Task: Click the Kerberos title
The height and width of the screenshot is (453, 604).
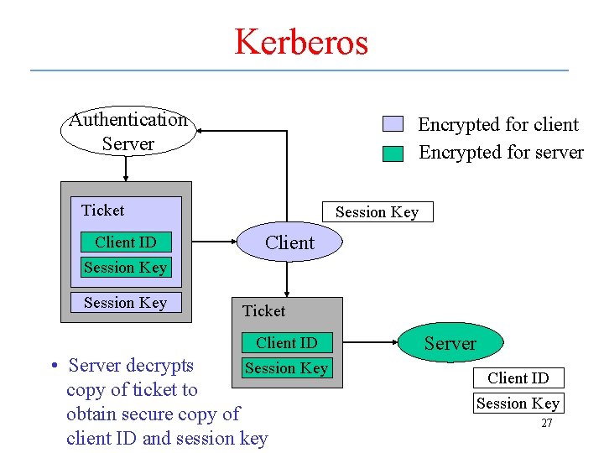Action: (x=301, y=41)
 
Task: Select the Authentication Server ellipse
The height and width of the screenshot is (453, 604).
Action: (x=128, y=132)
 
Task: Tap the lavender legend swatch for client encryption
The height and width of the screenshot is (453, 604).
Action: (x=393, y=124)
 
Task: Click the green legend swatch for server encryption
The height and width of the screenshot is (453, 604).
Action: (x=393, y=153)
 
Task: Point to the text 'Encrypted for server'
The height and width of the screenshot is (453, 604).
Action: (x=501, y=152)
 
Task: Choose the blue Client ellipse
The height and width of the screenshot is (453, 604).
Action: (x=289, y=242)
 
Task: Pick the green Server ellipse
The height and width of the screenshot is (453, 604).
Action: (x=450, y=343)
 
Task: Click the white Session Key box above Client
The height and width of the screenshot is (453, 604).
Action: (x=377, y=212)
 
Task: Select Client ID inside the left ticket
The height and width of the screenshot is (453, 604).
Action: (x=126, y=242)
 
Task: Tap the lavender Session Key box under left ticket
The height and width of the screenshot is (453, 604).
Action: (x=125, y=303)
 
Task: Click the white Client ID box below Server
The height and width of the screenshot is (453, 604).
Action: (x=518, y=378)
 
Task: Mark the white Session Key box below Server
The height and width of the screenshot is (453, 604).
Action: (x=518, y=404)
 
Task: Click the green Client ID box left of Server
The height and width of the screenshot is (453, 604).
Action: (x=287, y=342)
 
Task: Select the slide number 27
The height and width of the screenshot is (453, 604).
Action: (x=546, y=424)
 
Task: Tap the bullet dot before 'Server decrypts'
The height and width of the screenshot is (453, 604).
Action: (x=53, y=366)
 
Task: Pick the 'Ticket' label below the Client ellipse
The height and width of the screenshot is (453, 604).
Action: (x=263, y=311)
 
